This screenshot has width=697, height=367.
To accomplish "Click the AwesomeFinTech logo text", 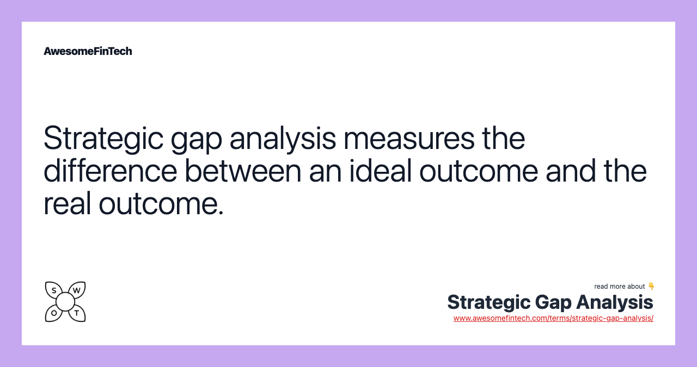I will (88, 51).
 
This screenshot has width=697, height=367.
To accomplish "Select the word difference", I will (111, 171).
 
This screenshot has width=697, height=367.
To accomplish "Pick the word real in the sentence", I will (67, 204).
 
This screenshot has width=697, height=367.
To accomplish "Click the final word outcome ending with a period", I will (161, 204).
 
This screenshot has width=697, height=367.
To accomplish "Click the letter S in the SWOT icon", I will (54, 290).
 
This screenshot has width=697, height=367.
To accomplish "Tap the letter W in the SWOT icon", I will (77, 290).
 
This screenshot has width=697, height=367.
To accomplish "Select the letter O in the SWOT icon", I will (54, 313).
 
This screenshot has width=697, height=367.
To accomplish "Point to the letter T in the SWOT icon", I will (77, 313).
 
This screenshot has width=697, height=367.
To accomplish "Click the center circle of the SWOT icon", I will (65, 302).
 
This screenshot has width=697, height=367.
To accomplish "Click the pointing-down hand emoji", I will (651, 287).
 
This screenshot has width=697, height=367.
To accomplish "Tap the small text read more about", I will (620, 287).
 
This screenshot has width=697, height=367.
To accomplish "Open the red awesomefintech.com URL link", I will (553, 319).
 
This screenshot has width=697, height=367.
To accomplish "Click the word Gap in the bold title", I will (553, 302).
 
